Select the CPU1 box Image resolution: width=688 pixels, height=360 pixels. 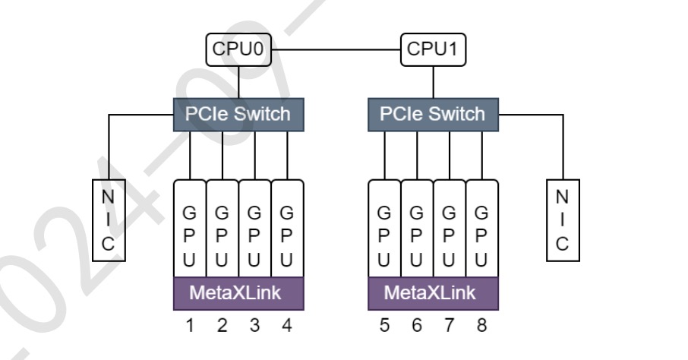tap(434, 49)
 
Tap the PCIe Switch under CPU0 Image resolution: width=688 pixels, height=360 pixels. tap(238, 114)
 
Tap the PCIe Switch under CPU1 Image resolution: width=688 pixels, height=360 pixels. tap(433, 114)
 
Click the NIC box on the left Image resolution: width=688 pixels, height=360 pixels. tap(109, 220)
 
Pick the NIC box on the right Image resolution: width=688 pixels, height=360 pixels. tap(562, 220)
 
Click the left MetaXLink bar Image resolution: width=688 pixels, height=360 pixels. tap(238, 293)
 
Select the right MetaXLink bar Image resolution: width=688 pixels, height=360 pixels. tap(433, 293)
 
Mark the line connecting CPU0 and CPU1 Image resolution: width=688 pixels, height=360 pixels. tap(336, 49)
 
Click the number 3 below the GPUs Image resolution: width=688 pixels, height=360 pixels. tap(254, 327)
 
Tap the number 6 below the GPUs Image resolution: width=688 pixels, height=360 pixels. tap(417, 327)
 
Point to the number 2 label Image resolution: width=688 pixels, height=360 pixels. tap(222, 327)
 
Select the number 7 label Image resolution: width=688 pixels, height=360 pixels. tap(450, 327)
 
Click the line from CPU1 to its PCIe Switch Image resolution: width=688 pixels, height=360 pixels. tap(434, 81)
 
